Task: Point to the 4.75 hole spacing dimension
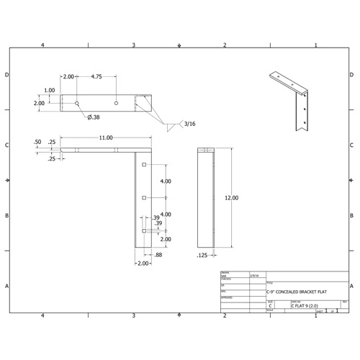pyautogui.click(x=96, y=76)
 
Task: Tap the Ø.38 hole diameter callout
pyautogui.click(x=94, y=117)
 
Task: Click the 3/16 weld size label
pyautogui.click(x=191, y=125)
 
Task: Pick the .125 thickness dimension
pyautogui.click(x=202, y=255)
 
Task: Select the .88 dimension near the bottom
pyautogui.click(x=157, y=255)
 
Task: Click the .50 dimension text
pyautogui.click(x=37, y=143)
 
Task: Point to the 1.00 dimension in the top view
pyautogui.click(x=50, y=90)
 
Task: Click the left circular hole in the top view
pyautogui.click(x=77, y=103)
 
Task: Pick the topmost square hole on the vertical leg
pyautogui.click(x=145, y=166)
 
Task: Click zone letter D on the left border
pyautogui.click(x=7, y=75)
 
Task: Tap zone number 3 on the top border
pyautogui.click(x=134, y=45)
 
